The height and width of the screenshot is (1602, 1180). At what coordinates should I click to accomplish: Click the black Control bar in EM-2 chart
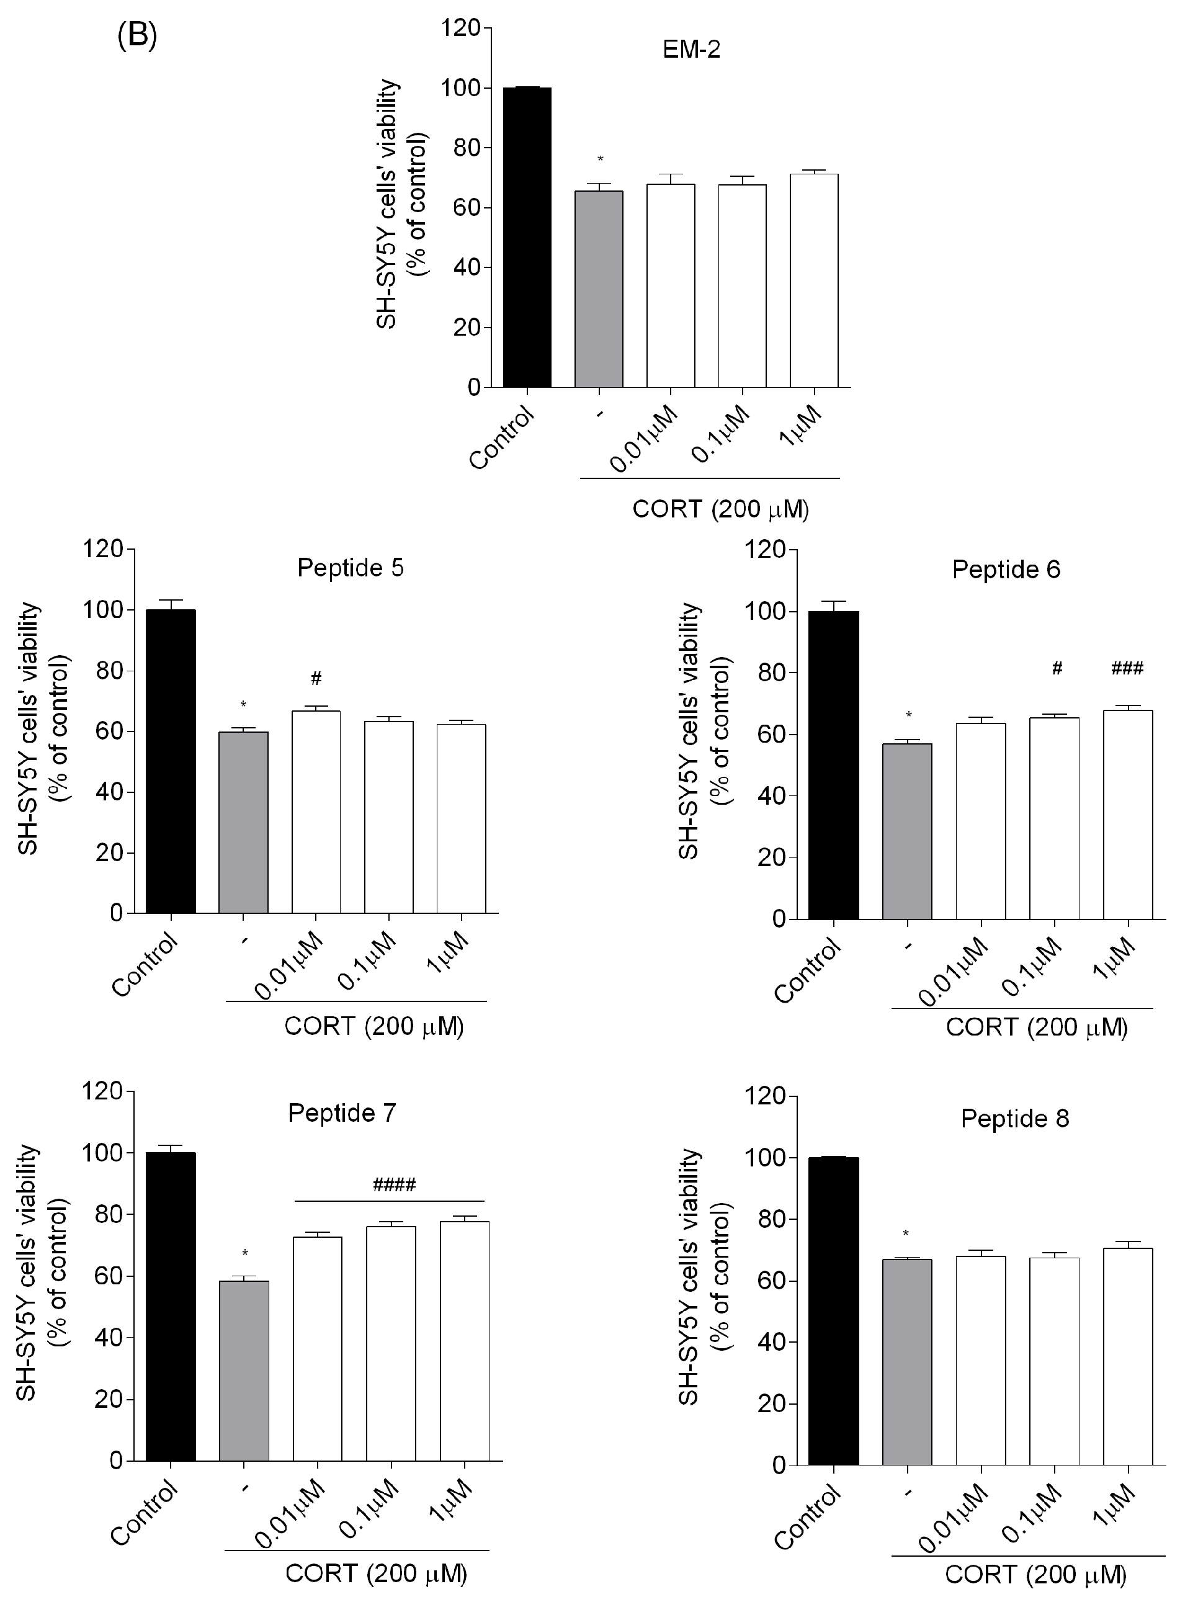(x=527, y=237)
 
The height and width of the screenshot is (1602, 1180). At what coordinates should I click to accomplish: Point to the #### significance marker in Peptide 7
(x=395, y=1186)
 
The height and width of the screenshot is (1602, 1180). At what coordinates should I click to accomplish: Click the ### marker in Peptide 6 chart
(x=1127, y=668)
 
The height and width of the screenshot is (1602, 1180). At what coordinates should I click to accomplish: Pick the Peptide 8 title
(x=1014, y=1119)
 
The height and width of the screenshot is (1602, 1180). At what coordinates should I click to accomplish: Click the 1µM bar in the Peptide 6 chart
(x=1128, y=814)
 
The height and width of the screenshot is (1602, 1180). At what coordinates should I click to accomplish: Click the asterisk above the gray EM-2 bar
(x=600, y=159)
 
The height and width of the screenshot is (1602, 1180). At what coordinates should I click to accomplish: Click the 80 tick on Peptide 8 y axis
(x=769, y=1219)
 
